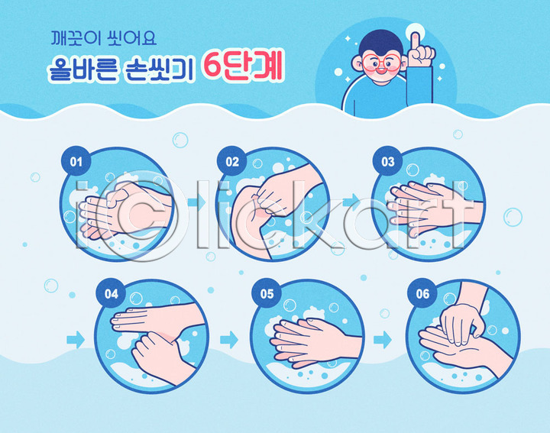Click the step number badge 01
click(76, 161)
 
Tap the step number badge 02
click(232, 161)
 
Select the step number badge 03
click(387, 161)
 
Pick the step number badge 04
click(111, 293)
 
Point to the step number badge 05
click(267, 293)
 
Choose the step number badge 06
click(422, 293)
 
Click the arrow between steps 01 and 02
click(196, 202)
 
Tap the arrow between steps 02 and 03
click(351, 202)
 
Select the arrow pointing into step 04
click(76, 340)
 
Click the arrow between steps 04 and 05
click(229, 340)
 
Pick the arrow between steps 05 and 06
click(383, 340)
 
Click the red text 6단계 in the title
click(242, 66)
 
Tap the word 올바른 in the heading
click(82, 69)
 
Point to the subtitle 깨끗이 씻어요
click(104, 38)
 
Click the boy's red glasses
click(381, 63)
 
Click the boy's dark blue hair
click(381, 42)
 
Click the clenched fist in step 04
click(154, 349)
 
